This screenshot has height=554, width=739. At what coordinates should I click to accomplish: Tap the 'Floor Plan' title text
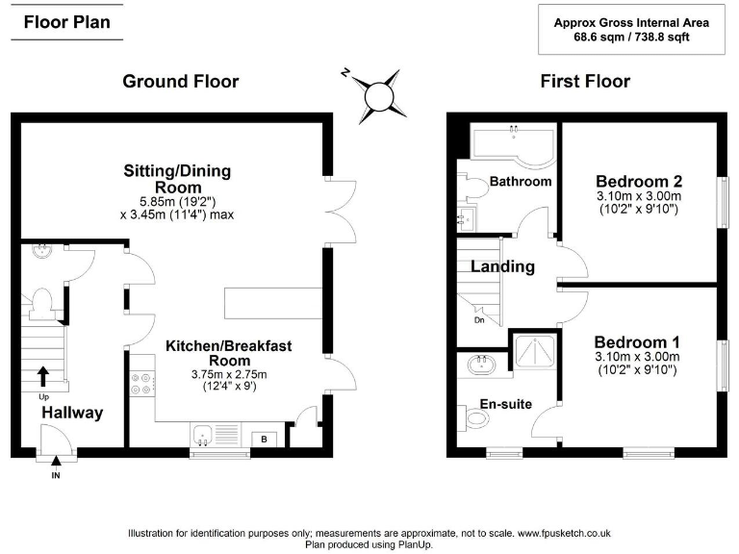click(66, 22)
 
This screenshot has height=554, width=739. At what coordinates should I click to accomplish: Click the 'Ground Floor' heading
click(180, 82)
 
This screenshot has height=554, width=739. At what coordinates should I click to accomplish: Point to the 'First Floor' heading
click(585, 82)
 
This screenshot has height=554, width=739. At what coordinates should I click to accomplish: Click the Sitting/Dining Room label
click(177, 179)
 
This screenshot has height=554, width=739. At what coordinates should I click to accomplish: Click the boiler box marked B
click(265, 440)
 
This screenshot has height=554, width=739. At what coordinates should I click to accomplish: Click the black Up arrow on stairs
click(42, 374)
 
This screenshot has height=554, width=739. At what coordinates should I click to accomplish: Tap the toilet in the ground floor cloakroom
click(40, 304)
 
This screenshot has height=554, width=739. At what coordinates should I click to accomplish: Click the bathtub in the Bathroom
click(511, 144)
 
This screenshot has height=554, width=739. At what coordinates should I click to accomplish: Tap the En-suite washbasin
click(480, 365)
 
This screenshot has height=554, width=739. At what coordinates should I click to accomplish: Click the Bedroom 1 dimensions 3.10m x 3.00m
click(637, 357)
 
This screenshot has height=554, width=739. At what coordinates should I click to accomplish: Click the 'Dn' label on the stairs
click(479, 320)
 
